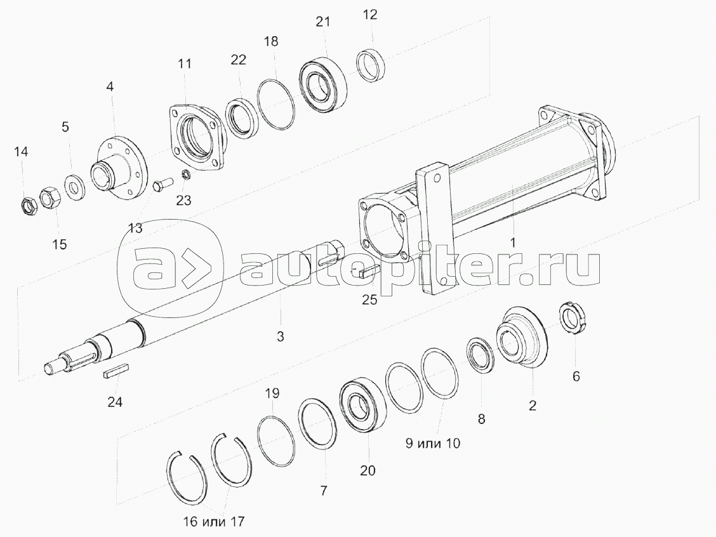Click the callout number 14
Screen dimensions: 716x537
(x=20, y=151)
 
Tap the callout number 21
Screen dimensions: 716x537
(x=323, y=22)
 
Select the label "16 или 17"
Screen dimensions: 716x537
(x=214, y=522)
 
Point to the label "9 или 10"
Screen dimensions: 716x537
(x=433, y=442)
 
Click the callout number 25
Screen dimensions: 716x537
(x=370, y=300)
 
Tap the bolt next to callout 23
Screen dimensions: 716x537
(x=162, y=185)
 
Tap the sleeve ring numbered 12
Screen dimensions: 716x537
(x=371, y=65)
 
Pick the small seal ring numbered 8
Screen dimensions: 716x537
(x=479, y=356)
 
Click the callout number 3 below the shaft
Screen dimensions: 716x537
(x=281, y=336)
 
